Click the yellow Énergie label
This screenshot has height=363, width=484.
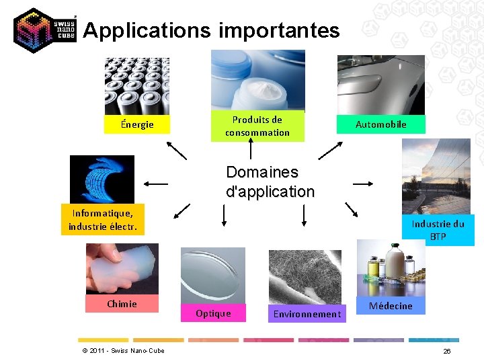[137, 124]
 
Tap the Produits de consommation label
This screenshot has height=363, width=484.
[257, 126]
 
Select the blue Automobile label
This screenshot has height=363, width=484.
[380, 124]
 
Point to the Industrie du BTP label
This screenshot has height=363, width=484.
[438, 230]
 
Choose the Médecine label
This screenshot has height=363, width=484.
[391, 306]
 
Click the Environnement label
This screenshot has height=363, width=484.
[307, 314]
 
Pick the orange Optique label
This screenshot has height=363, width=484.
[213, 313]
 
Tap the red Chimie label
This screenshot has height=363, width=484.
[122, 304]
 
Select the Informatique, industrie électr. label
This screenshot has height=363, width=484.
[102, 220]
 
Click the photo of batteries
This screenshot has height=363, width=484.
[137, 86]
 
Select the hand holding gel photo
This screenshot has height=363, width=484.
[122, 268]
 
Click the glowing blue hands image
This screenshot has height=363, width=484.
[102, 179]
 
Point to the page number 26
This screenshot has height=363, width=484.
[447, 352]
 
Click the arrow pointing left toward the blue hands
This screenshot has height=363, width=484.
[155, 183]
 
